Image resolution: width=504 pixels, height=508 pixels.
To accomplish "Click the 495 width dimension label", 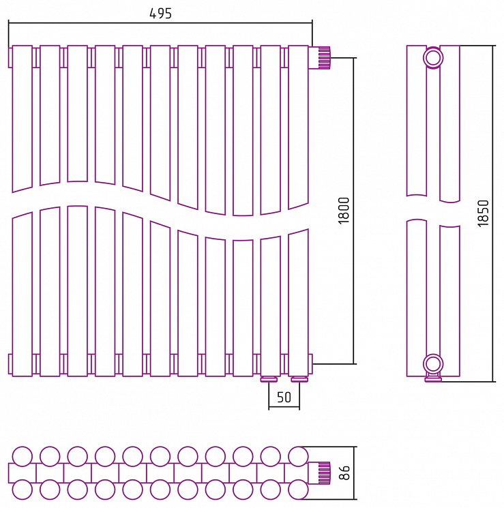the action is pyautogui.click(x=160, y=13).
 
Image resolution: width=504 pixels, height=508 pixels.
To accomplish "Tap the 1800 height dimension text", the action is pyautogui.click(x=344, y=211).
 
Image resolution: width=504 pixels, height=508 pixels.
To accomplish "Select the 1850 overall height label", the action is pyautogui.click(x=483, y=213).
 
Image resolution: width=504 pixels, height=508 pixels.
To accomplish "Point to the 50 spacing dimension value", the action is pyautogui.click(x=284, y=398).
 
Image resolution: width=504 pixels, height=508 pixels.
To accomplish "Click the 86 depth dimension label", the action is pyautogui.click(x=344, y=473).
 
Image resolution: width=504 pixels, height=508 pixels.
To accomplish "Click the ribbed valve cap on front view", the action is pyautogui.click(x=325, y=58).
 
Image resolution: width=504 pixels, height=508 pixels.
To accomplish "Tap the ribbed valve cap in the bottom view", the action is pyautogui.click(x=325, y=473).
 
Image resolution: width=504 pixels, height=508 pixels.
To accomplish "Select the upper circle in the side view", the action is pyautogui.click(x=433, y=58).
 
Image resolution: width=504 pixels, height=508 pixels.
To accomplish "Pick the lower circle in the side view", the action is pyautogui.click(x=433, y=364).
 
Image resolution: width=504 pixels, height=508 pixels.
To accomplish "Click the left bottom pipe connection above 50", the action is pyautogui.click(x=269, y=379).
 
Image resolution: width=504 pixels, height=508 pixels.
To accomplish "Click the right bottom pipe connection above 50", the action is pyautogui.click(x=299, y=379).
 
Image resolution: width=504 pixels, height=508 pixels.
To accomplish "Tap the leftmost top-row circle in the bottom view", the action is pyautogui.click(x=23, y=456).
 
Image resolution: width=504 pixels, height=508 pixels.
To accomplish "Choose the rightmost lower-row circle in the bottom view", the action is pyautogui.click(x=298, y=490).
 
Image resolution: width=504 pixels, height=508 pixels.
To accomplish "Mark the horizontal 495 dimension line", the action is pyautogui.click(x=160, y=23).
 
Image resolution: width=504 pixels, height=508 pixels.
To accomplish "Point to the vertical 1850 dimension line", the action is pyautogui.click(x=493, y=213).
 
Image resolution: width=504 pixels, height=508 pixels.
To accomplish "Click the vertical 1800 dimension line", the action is pyautogui.click(x=353, y=211).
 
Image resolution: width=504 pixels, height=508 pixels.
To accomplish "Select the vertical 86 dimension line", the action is pyautogui.click(x=354, y=473).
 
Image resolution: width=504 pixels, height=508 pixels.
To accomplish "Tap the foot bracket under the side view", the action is pyautogui.click(x=433, y=378).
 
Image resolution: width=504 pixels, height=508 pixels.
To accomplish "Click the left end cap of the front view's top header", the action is pyautogui.click(x=10, y=58).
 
